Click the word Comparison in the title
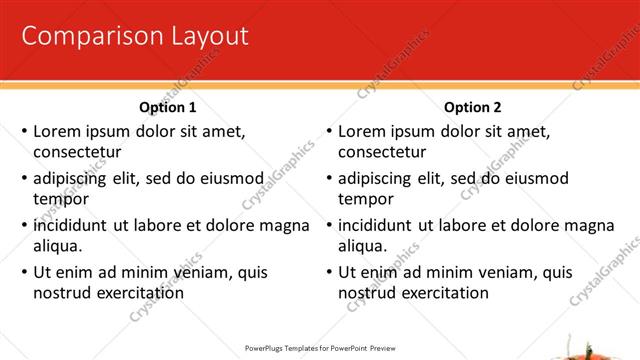tap(79, 37)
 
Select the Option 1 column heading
tap(168, 107)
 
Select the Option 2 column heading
tap(473, 107)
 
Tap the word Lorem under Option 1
tap(58, 131)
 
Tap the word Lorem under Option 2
tap(363, 131)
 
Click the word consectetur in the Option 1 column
tap(77, 153)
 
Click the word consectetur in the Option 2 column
tap(382, 153)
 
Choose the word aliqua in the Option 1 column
tap(58, 246)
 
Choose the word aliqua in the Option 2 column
tap(363, 246)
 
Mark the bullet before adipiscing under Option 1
tap(24, 179)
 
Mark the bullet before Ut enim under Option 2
tap(329, 272)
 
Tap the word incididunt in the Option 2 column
tap(377, 225)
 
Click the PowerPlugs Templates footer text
tap(321, 348)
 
